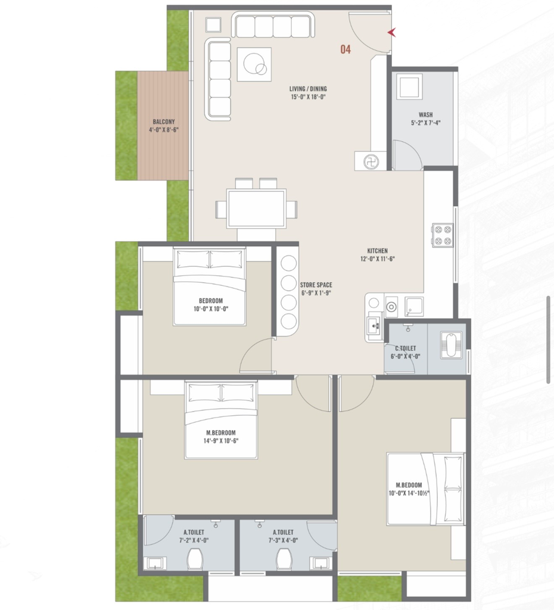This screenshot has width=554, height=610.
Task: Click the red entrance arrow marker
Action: pos(392,33)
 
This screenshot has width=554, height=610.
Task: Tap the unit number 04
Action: pos(346,49)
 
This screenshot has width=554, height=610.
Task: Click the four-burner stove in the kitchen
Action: pos(443,235)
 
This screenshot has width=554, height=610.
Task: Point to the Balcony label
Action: pos(164,122)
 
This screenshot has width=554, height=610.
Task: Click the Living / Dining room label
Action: pos(308,89)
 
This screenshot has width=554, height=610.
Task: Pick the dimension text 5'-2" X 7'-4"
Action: pos(425,123)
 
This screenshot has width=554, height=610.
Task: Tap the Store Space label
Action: pos(316,285)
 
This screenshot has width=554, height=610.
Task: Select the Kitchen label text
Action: pos(377,251)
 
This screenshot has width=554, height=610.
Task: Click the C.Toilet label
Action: pos(406,348)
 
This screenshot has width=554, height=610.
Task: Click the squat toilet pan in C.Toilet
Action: pos(452,345)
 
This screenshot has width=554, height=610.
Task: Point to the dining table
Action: pos(257,208)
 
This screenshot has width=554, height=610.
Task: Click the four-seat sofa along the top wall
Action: pos(273,24)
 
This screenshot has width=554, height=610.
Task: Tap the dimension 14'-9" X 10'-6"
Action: pos(220,441)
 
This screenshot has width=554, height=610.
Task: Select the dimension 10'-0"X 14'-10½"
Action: pos(409,493)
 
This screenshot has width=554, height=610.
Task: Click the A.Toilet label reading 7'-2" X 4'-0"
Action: pos(194,532)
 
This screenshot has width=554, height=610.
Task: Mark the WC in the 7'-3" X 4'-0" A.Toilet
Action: pos(284,559)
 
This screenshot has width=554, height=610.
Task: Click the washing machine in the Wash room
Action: pos(409,86)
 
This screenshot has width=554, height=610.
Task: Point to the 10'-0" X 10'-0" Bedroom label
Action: pos(210,301)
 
